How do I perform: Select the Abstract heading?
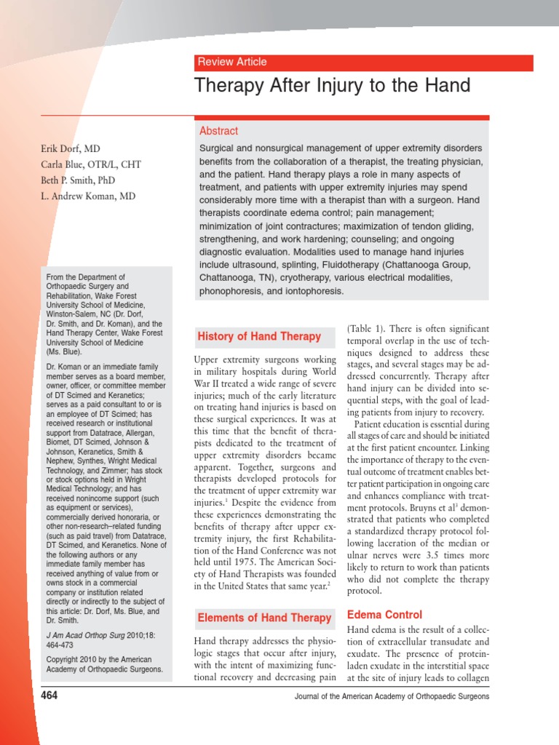(x=218, y=131)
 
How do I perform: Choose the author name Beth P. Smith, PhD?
(x=78, y=180)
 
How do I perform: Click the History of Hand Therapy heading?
(x=259, y=336)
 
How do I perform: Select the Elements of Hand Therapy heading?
(x=264, y=618)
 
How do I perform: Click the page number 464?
(x=49, y=696)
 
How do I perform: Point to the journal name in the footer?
(x=392, y=697)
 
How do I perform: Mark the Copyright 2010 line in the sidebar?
(x=104, y=664)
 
